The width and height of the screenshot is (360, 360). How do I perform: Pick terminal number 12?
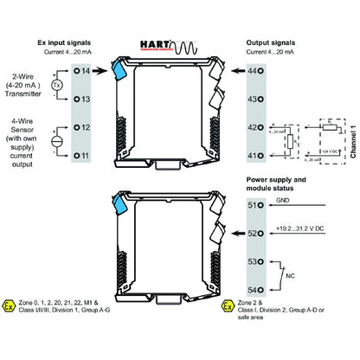point(85,126)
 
